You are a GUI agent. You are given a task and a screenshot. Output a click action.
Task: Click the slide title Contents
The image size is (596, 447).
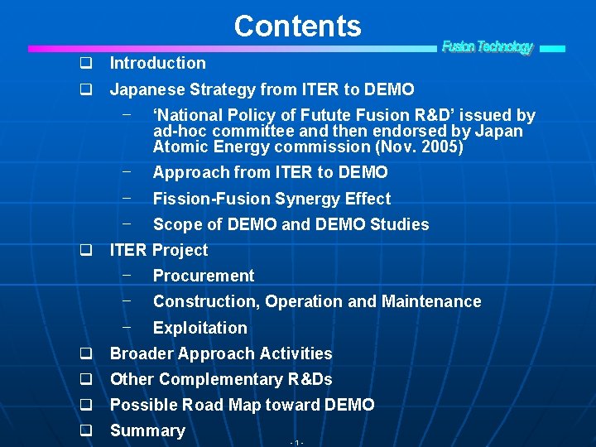tap(297, 26)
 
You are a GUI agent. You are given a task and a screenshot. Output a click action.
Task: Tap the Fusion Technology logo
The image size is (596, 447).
tap(488, 47)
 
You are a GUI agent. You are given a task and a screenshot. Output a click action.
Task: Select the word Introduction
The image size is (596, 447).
tap(158, 63)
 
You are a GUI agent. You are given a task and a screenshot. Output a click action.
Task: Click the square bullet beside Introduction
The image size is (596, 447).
tap(84, 64)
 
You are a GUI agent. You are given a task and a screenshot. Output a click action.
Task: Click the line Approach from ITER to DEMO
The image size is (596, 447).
tap(270, 172)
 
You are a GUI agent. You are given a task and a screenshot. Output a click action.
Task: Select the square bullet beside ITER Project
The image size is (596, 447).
tap(84, 250)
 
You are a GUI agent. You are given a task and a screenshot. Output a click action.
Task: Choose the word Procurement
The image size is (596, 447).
tap(204, 276)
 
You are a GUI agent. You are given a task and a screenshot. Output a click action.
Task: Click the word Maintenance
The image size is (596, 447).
tap(431, 301)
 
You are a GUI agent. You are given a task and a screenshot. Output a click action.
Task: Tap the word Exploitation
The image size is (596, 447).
tap(199, 328)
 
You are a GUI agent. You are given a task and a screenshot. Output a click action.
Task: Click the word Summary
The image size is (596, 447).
tap(147, 430)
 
